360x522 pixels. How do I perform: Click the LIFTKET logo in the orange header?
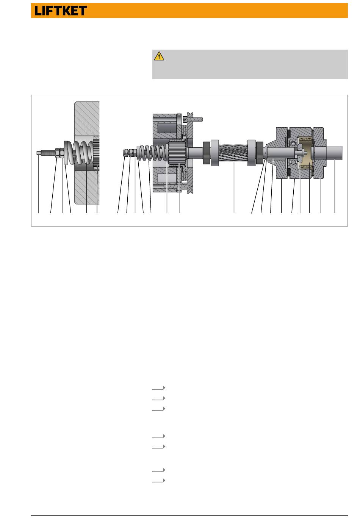click(x=60, y=11)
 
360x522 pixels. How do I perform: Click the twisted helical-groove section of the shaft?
click(x=233, y=153)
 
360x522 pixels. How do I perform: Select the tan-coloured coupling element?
click(x=305, y=153)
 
